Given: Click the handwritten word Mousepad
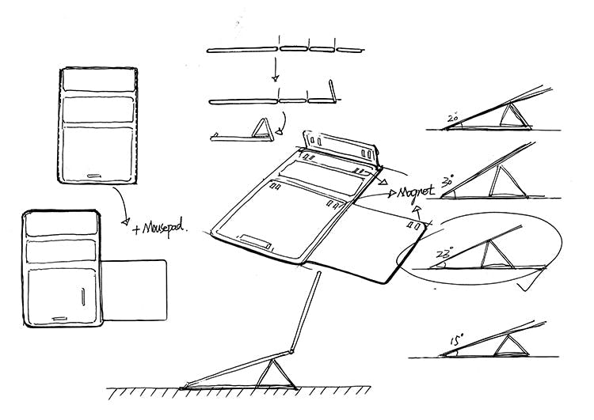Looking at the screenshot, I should (x=162, y=229).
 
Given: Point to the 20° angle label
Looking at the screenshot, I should (x=453, y=119).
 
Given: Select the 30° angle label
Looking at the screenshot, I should (x=447, y=181).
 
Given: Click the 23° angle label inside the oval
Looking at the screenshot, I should (x=444, y=255).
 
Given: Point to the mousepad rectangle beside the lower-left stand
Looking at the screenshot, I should (x=135, y=290).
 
